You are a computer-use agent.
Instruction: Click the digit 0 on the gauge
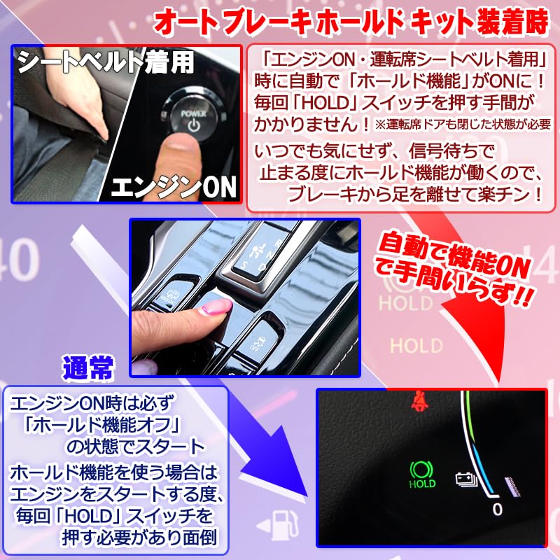click(496, 509)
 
